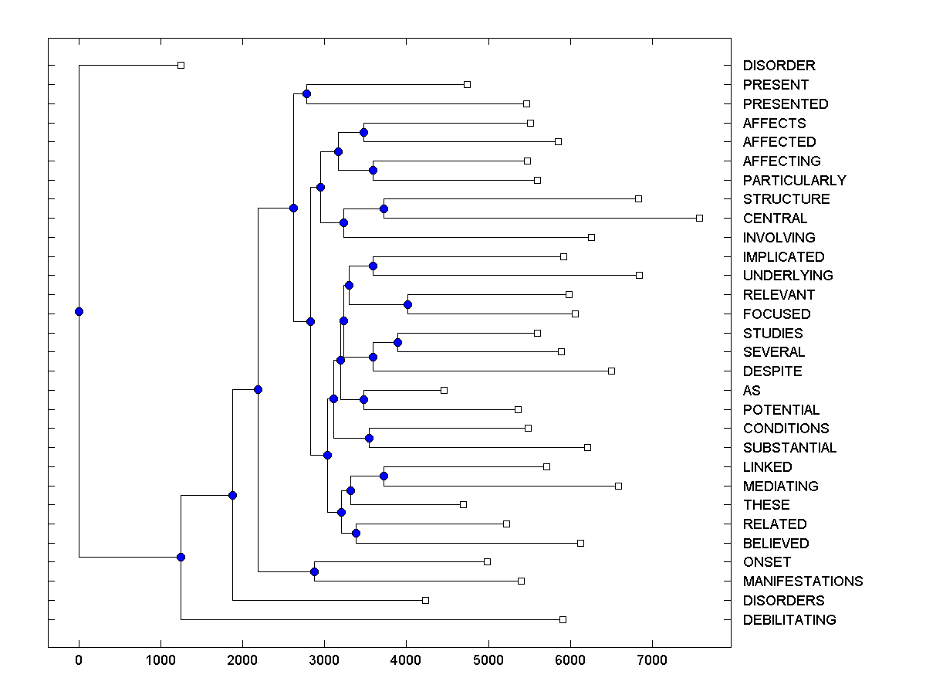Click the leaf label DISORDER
click(779, 66)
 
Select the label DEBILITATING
click(789, 619)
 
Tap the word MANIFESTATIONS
click(803, 581)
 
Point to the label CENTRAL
click(775, 218)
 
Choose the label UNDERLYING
click(788, 275)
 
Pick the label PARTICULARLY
click(794, 180)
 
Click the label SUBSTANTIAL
click(789, 447)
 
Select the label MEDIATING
click(780, 486)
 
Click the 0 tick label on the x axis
click(79, 659)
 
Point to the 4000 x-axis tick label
click(406, 659)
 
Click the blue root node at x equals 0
click(79, 311)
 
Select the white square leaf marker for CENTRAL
click(699, 218)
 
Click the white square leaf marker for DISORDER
click(181, 66)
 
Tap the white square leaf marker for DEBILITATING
click(563, 619)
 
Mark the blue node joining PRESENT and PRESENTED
click(306, 93)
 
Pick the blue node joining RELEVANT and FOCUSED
click(407, 304)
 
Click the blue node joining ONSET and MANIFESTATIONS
click(314, 571)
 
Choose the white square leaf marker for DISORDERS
click(425, 600)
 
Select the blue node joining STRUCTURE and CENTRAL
click(384, 208)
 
